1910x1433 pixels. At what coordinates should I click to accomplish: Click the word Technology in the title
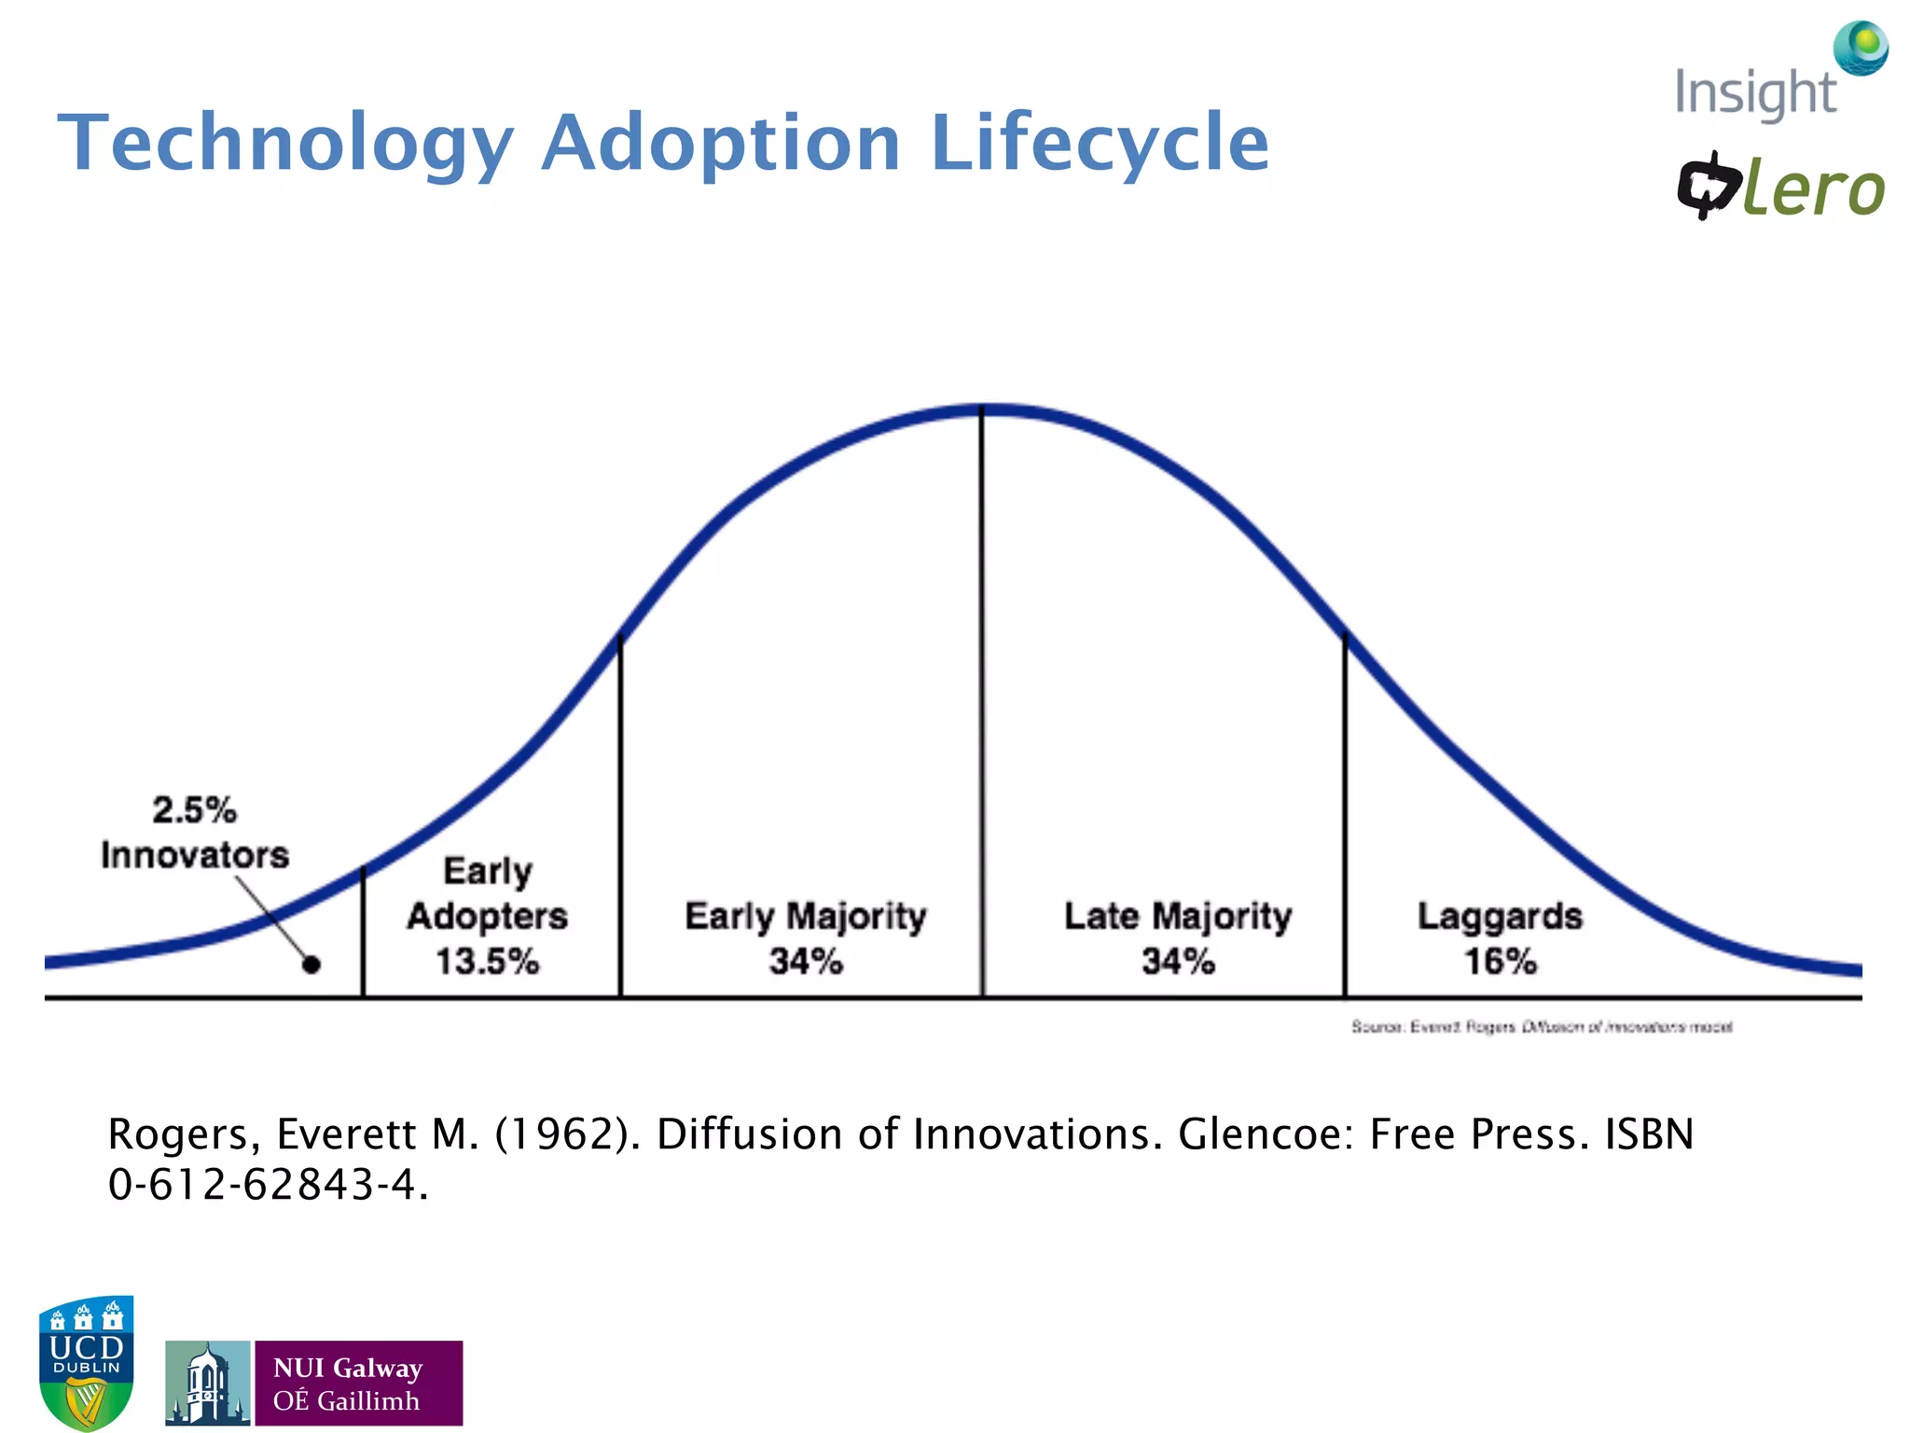pyautogui.click(x=285, y=143)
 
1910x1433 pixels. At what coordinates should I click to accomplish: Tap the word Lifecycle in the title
pyautogui.click(x=1100, y=143)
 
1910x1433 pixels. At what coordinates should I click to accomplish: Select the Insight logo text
pyautogui.click(x=1754, y=93)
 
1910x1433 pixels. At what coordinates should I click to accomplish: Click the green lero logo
pyautogui.click(x=1811, y=189)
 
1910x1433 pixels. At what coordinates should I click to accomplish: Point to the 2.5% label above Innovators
pyautogui.click(x=194, y=809)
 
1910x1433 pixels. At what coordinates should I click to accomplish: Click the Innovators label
pyautogui.click(x=195, y=855)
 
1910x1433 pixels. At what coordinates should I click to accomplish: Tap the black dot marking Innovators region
pyautogui.click(x=311, y=965)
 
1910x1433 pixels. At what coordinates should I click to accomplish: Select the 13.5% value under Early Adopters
pyautogui.click(x=487, y=961)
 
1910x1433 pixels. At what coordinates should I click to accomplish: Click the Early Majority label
pyautogui.click(x=806, y=915)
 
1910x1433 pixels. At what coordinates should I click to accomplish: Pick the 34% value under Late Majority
pyautogui.click(x=1178, y=961)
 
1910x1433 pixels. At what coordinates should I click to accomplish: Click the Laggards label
pyautogui.click(x=1500, y=915)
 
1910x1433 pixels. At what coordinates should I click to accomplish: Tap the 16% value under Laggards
pyautogui.click(x=1500, y=961)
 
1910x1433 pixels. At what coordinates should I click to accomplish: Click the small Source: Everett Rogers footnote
pyautogui.click(x=1541, y=1026)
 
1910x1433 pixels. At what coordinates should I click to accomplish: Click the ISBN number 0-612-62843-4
pyautogui.click(x=267, y=1185)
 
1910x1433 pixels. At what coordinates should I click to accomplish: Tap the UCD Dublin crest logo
pyautogui.click(x=87, y=1362)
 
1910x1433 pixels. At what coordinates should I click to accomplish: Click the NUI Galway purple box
pyautogui.click(x=358, y=1383)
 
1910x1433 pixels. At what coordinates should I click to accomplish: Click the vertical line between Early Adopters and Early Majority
pyautogui.click(x=620, y=821)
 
